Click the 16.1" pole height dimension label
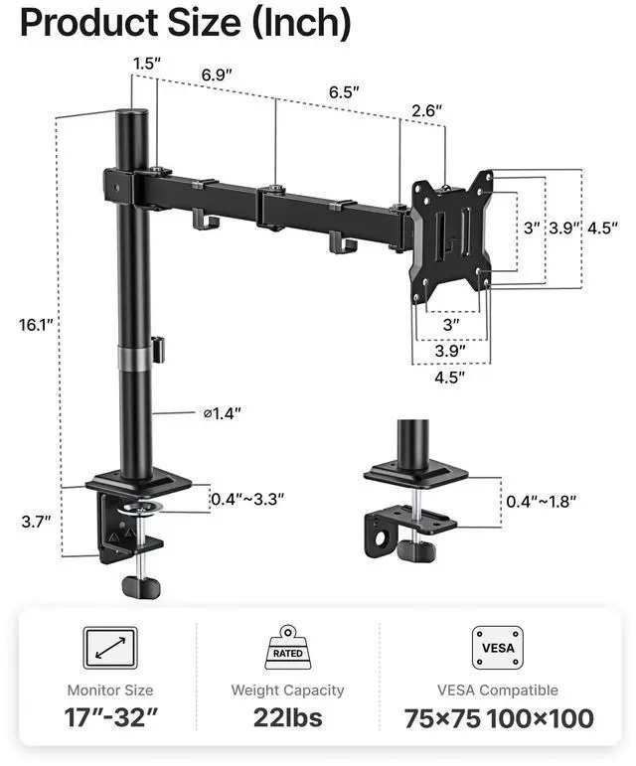[x=35, y=324]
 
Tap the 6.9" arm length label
[x=217, y=75]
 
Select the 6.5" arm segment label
[x=344, y=91]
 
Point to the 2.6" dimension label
[x=426, y=110]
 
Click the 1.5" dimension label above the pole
[x=147, y=64]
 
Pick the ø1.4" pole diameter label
[x=223, y=413]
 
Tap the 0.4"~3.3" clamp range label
[x=247, y=500]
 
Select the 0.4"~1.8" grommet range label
[x=542, y=501]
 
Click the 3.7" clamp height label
[x=36, y=522]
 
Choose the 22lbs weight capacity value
[x=288, y=717]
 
